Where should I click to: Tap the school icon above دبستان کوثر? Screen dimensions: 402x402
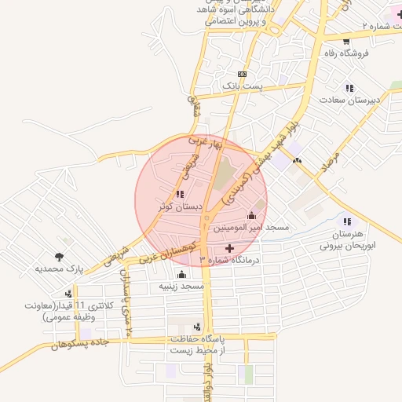click(x=180, y=194)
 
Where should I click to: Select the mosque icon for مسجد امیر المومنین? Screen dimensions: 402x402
click(x=252, y=215)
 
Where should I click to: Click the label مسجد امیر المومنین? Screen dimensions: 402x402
click(x=255, y=228)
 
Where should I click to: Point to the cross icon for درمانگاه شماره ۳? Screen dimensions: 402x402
click(x=229, y=248)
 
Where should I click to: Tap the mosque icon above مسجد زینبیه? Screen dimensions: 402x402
click(x=182, y=274)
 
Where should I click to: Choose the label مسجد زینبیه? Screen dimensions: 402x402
click(x=181, y=287)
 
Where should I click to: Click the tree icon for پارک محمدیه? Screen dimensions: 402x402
click(x=59, y=256)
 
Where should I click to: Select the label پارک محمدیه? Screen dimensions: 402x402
click(x=59, y=269)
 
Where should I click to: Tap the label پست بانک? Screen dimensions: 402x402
click(x=241, y=84)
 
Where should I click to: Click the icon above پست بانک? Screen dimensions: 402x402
click(x=241, y=72)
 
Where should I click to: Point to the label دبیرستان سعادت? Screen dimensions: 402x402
click(x=349, y=100)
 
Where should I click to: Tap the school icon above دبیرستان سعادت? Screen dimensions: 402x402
click(x=349, y=88)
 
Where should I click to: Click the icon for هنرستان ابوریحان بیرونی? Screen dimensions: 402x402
click(x=346, y=222)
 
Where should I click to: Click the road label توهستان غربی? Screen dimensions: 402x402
click(x=173, y=247)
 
